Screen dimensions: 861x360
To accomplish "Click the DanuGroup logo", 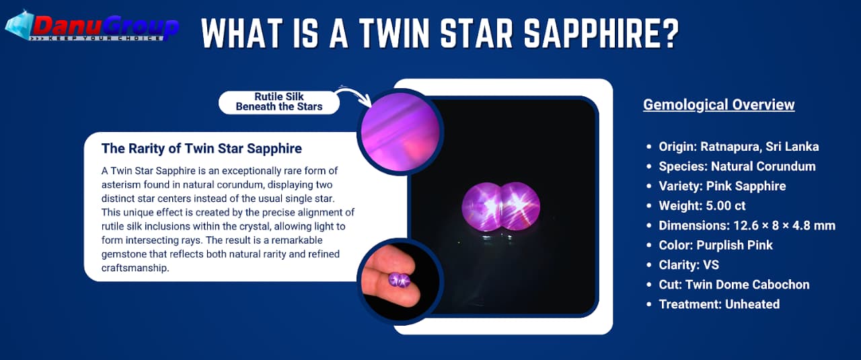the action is [92, 26].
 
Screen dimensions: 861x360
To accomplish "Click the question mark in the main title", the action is [668, 33].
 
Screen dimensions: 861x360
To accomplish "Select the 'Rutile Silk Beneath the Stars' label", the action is [279, 102].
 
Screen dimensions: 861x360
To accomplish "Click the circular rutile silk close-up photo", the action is [400, 132].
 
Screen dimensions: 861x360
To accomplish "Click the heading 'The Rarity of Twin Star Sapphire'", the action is [202, 149].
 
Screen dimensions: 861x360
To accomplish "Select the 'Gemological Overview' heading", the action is [719, 104].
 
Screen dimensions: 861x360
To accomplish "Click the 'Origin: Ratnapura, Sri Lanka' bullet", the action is [739, 147].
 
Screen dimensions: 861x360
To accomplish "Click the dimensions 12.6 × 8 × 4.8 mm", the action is [784, 225].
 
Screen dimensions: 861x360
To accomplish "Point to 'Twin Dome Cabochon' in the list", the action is [747, 285].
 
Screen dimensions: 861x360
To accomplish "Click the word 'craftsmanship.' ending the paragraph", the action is [135, 268].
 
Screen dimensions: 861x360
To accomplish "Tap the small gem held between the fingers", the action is [399, 279].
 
